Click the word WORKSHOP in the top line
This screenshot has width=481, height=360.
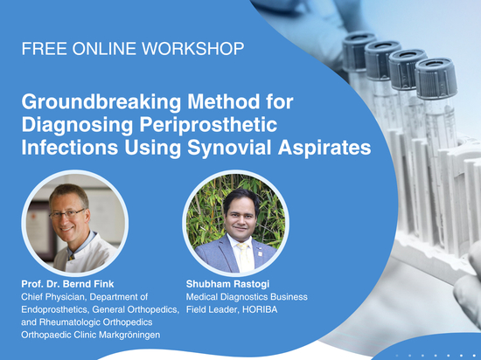pos(193,49)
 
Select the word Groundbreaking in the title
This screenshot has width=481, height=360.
pos(101,102)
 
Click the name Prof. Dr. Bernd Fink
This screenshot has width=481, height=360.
pos(67,284)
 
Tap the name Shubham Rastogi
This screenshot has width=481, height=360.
pos(227,284)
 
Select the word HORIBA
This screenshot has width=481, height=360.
pos(260,309)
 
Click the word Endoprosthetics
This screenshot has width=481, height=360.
pos(55,309)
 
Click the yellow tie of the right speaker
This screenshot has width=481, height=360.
pos(245,257)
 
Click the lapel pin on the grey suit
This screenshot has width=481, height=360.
pos(260,253)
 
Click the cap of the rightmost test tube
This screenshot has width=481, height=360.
pos(436,79)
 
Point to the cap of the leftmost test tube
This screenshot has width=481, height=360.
pos(359,52)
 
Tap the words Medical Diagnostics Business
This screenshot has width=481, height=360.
pos(247,297)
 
